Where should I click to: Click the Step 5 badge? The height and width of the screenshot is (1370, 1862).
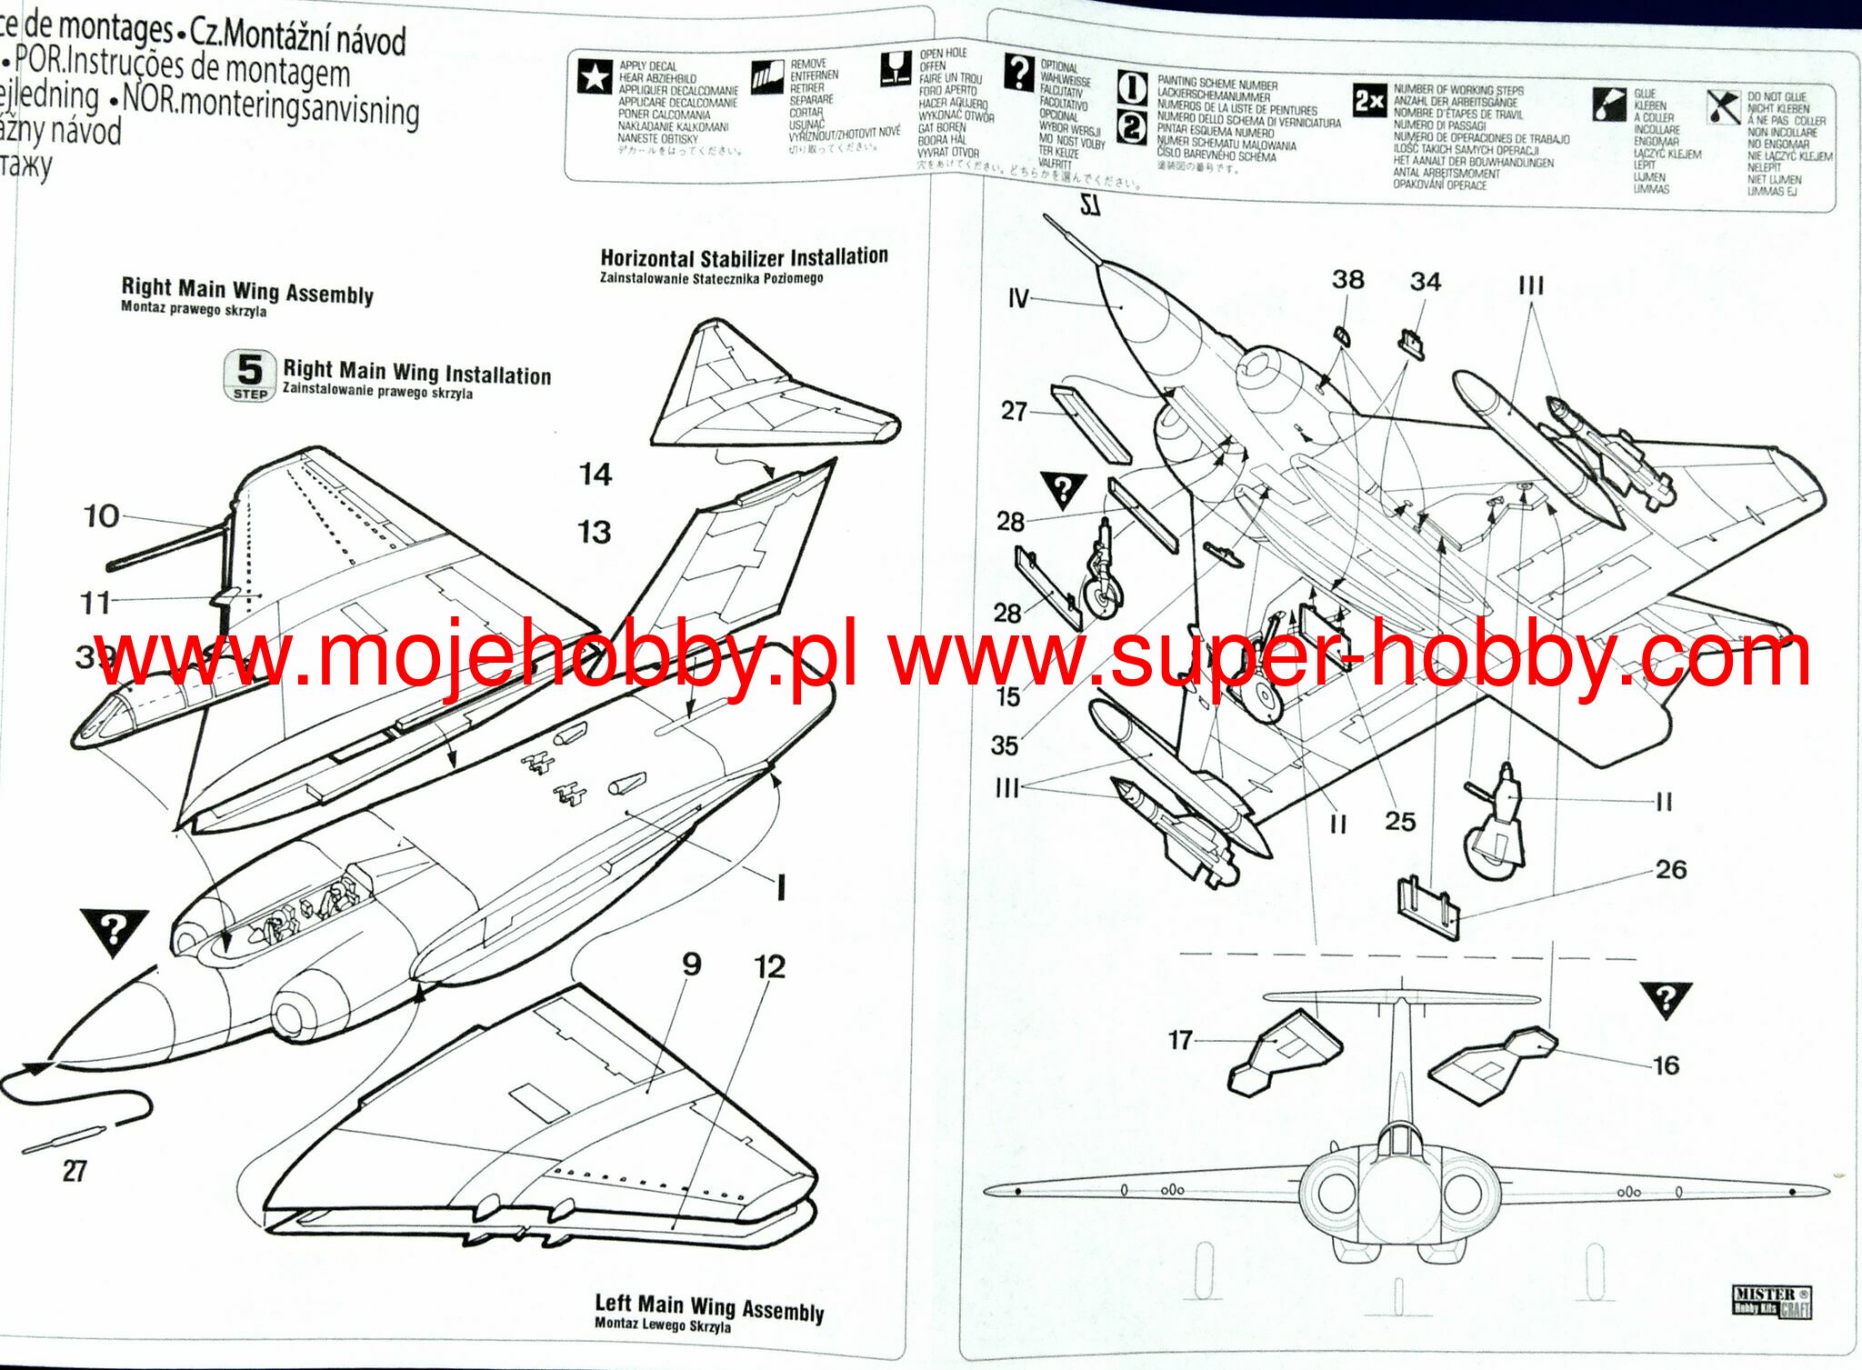(x=249, y=375)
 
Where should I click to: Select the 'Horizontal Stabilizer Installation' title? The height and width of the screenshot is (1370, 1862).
(x=744, y=258)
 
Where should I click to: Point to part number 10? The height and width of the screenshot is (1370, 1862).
(x=101, y=516)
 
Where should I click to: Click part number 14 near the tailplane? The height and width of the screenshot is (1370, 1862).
(x=596, y=474)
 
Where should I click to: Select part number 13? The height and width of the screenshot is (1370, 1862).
(x=595, y=532)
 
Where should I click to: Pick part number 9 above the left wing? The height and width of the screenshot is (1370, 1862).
(x=692, y=964)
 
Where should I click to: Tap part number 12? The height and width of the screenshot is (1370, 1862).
(x=769, y=966)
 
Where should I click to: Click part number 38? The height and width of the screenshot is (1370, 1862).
(x=1347, y=279)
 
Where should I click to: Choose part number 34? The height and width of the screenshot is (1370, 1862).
(x=1426, y=282)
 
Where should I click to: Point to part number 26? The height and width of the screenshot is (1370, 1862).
(x=1671, y=870)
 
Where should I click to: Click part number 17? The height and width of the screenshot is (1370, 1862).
(x=1180, y=1039)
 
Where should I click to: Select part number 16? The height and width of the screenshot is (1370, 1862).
(x=1666, y=1065)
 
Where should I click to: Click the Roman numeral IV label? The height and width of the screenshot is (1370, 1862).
(x=1018, y=298)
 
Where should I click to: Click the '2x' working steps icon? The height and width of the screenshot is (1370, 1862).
(x=1369, y=100)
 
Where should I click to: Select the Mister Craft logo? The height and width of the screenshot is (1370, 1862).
(x=1771, y=1301)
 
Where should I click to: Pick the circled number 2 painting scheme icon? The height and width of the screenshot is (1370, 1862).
(x=1131, y=127)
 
